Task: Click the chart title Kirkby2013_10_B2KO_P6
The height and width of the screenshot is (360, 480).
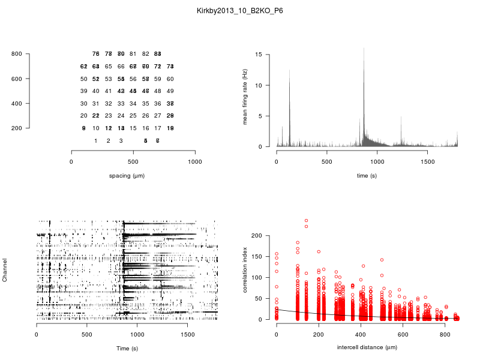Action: coord(240,10)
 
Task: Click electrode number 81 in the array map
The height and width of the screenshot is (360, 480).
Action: coord(133,54)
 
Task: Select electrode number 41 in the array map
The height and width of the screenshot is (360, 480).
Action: coord(108,91)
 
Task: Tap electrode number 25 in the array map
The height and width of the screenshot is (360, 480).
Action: coord(133,116)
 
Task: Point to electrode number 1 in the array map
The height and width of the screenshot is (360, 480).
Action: coord(96,140)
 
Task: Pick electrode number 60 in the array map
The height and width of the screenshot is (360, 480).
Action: coord(170,79)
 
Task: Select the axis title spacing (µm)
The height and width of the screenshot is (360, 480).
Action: coord(133,176)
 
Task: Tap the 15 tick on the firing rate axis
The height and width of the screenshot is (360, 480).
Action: coord(259,55)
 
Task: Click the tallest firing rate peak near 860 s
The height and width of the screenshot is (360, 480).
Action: coord(364,49)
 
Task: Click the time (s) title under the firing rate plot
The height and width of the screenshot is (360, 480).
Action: coord(367,176)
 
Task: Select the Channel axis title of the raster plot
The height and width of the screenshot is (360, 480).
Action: coord(5,271)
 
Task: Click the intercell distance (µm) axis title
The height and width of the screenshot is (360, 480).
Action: coord(367,347)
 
